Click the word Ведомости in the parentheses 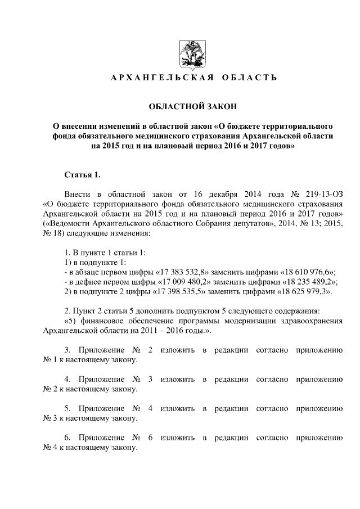(68, 223)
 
